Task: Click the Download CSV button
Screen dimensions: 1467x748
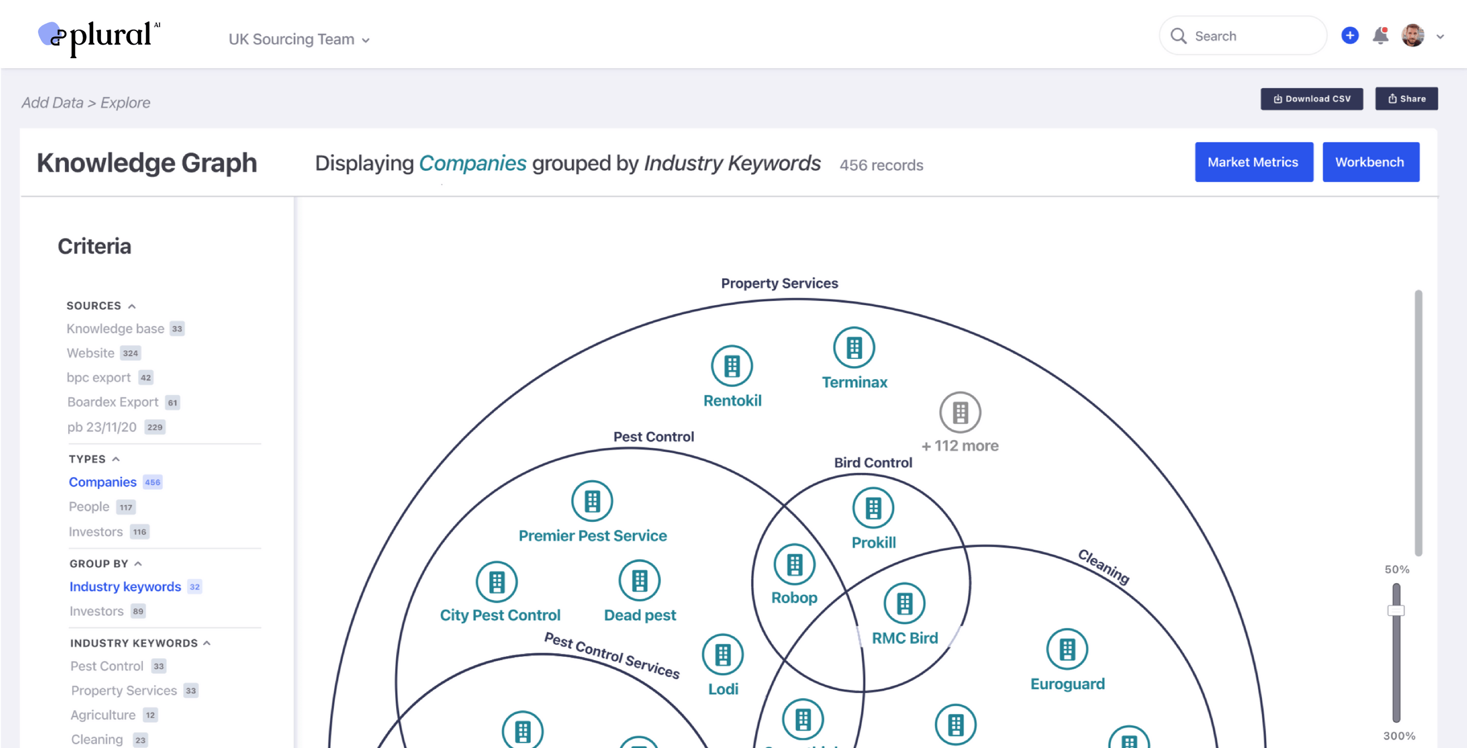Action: [1311, 99]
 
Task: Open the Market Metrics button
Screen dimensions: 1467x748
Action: [1254, 162]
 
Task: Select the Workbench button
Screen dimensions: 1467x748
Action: [1370, 162]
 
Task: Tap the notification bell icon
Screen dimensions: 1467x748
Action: [1381, 36]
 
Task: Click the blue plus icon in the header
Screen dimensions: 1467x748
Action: [1350, 36]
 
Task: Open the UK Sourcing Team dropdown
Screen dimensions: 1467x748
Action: [299, 39]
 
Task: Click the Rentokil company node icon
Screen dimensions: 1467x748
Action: [732, 366]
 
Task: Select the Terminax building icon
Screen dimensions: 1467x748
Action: [854, 348]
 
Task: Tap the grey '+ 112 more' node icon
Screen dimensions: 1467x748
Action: [960, 413]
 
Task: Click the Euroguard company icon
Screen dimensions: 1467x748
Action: [1067, 649]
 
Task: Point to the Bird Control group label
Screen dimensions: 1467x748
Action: [873, 463]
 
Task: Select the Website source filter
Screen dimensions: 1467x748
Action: [90, 353]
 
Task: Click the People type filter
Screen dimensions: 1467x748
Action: [89, 507]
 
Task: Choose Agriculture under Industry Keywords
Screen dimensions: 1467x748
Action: [103, 715]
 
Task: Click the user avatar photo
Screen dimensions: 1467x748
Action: [1412, 36]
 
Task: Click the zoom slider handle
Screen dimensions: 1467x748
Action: [1396, 611]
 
